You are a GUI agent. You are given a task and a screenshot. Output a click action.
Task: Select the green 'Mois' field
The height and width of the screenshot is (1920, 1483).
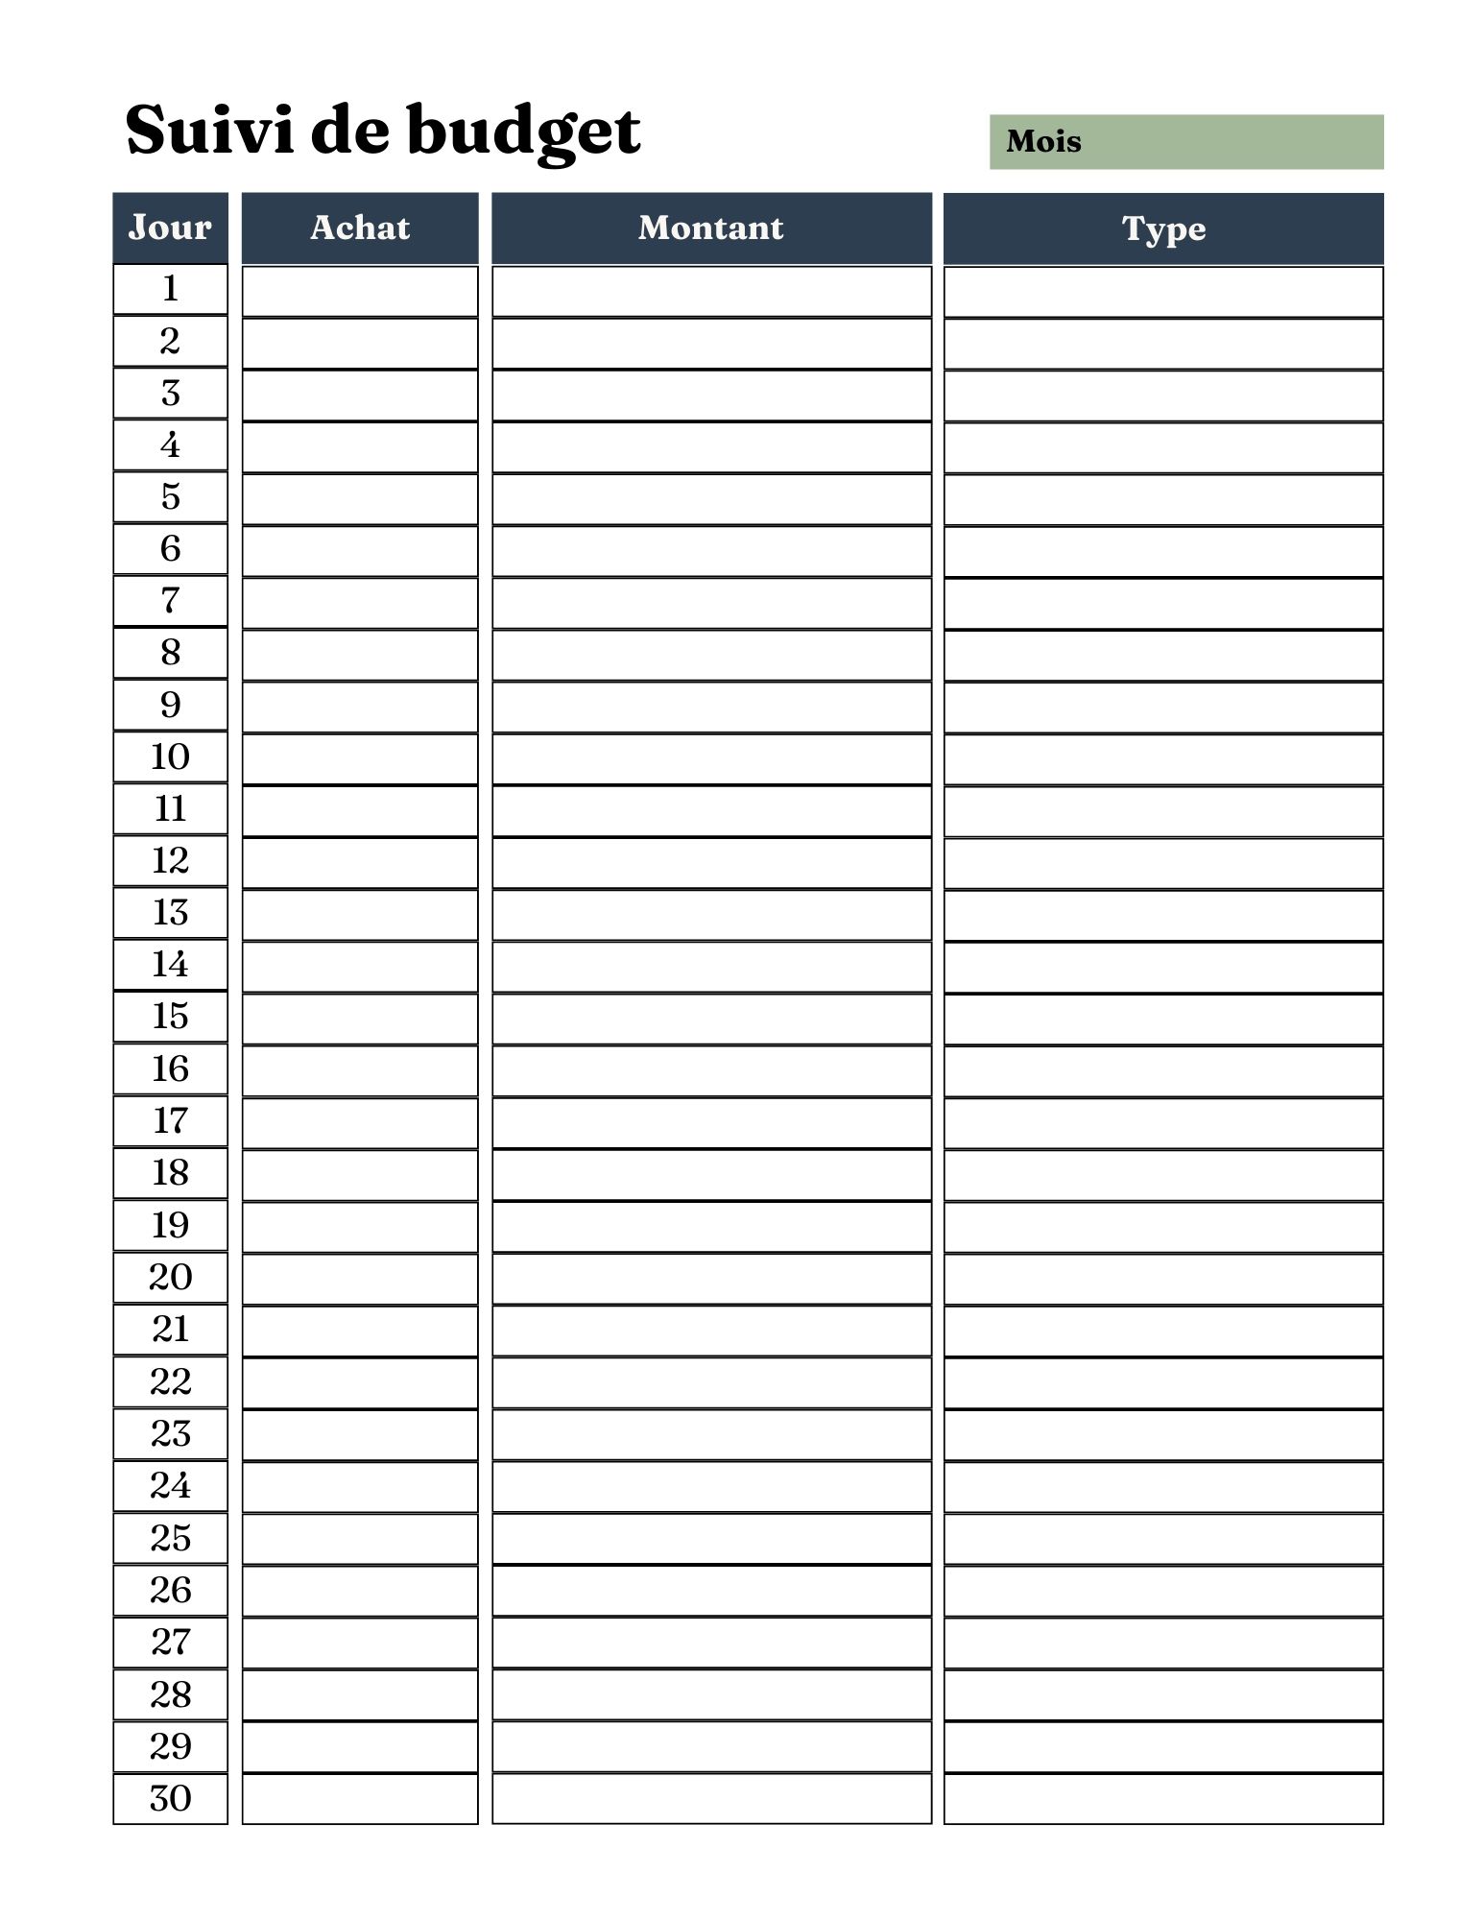coord(1185,142)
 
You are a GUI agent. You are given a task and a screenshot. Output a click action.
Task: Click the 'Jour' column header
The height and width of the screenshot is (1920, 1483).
coord(170,228)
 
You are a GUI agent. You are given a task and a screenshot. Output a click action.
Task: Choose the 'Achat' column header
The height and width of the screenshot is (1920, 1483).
coord(360,228)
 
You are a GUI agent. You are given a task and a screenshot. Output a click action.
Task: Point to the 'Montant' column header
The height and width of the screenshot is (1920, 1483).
coord(711,228)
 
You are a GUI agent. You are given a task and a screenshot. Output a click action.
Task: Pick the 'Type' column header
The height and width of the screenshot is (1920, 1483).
coord(1163,228)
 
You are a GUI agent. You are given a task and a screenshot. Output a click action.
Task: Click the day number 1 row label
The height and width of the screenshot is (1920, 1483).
coord(170,289)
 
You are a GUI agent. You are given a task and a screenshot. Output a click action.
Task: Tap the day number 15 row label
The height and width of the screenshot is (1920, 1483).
coord(170,1017)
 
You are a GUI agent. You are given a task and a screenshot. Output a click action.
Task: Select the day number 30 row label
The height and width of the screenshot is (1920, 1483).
coord(170,1798)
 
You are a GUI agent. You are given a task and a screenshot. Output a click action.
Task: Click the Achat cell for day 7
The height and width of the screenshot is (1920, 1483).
coord(360,603)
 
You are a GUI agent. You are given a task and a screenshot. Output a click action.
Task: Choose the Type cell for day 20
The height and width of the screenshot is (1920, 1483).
coord(1163,1279)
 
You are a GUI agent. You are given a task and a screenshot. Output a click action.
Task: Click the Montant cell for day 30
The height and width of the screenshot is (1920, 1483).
coord(711,1798)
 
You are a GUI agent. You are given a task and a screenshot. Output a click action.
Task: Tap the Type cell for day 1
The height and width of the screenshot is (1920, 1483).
coord(1163,292)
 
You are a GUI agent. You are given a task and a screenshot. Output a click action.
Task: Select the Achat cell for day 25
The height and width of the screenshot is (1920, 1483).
coord(360,1539)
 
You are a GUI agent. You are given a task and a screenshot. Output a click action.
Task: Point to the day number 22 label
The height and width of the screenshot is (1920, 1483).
coord(170,1381)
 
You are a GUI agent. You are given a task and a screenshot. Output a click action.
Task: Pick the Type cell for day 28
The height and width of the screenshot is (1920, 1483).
coord(1163,1694)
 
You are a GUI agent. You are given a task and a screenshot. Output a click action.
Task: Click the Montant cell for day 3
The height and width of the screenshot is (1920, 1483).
coord(711,396)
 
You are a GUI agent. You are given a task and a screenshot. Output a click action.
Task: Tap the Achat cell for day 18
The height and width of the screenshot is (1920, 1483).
coord(360,1175)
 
